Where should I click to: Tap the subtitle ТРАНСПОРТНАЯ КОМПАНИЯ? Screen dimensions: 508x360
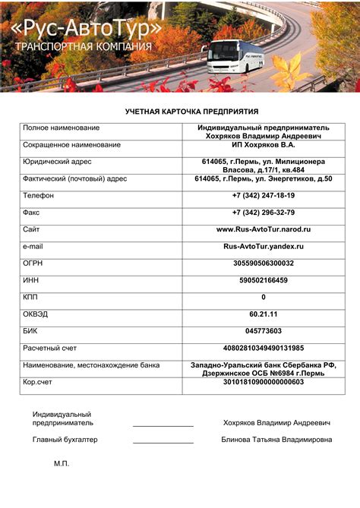pos(83,47)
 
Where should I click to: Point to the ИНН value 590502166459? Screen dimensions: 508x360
pos(264,280)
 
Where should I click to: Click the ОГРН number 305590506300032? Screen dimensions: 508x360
pos(264,263)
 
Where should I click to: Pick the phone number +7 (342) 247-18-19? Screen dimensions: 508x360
pos(264,195)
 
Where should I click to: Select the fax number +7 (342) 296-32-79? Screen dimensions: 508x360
pos(264,213)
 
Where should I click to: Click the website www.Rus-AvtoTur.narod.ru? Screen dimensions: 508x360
pos(264,229)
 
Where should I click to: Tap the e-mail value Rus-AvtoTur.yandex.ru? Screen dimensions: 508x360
pos(264,246)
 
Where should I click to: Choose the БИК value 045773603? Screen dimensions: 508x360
pos(264,331)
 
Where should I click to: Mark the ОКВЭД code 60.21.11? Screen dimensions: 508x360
pos(264,314)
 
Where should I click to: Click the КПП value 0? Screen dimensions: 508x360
pos(264,297)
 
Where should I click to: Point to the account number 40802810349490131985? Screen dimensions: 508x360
pos(264,348)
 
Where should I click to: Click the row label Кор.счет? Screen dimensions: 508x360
pos(39,382)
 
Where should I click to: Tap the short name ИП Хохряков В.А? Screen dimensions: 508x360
pos(264,144)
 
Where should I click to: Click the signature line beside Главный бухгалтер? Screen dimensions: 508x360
pos(163,443)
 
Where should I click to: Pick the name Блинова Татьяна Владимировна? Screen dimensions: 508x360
pos(276,440)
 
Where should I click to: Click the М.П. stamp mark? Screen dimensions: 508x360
pos(62,463)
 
